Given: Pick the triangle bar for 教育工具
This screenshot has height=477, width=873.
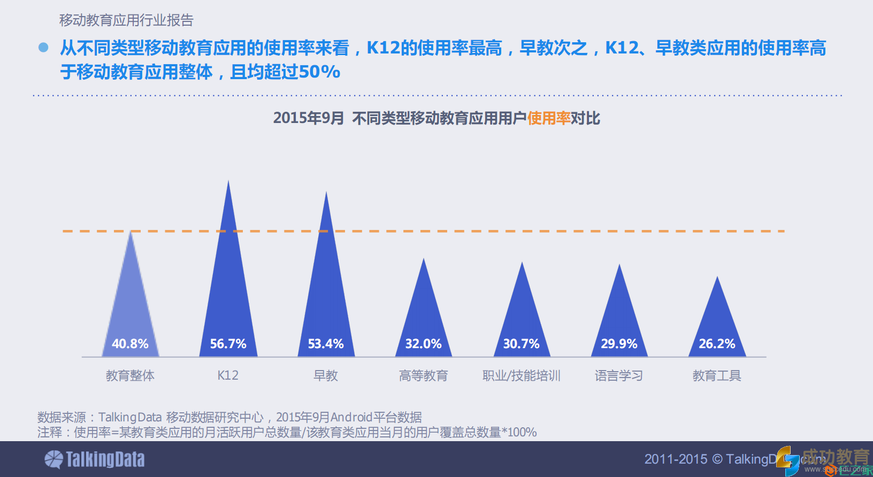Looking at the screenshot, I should [717, 321].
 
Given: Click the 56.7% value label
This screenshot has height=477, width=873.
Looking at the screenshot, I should [228, 344].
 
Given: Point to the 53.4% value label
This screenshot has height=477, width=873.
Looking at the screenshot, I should [326, 344].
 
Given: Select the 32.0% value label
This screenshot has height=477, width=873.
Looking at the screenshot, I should [423, 344].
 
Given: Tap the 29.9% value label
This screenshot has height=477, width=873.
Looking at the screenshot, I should [619, 344].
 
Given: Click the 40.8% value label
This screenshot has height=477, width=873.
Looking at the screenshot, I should [130, 344].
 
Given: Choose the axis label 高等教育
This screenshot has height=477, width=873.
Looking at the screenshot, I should [423, 376].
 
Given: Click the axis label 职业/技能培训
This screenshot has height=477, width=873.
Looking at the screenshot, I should [521, 376].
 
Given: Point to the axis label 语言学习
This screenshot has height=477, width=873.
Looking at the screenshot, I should [619, 376].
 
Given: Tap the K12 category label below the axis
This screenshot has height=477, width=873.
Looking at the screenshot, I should [228, 375].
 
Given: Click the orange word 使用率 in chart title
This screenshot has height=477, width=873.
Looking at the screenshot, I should [549, 118].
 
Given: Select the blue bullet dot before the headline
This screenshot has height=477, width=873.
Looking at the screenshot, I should [43, 48].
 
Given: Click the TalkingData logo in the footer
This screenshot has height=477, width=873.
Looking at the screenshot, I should [95, 459].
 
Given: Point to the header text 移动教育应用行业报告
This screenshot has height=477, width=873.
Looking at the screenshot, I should [126, 20].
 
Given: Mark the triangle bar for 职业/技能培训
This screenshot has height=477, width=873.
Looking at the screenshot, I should [522, 316].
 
